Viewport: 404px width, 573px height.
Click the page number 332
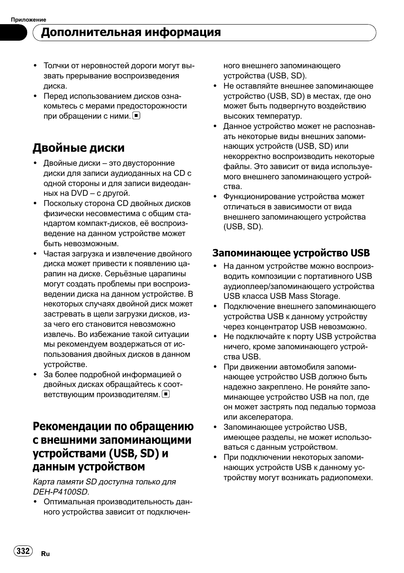pyautogui.click(x=23, y=551)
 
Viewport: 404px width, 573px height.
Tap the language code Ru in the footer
pyautogui.click(x=45, y=554)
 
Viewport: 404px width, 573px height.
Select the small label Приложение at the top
pyautogui.click(x=28, y=19)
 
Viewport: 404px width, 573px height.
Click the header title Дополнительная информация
pyautogui.click(x=131, y=32)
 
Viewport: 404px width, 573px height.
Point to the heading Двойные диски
pyautogui.click(x=79, y=148)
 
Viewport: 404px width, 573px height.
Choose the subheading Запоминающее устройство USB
pyautogui.click(x=291, y=253)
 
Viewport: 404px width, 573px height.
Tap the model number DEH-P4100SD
pyautogui.click(x=61, y=492)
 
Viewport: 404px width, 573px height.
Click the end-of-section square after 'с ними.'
pyautogui.click(x=136, y=116)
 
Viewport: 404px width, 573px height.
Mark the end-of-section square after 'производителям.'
pyautogui.click(x=166, y=394)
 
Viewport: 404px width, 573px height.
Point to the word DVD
pyautogui.click(x=80, y=193)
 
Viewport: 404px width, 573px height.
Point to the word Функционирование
pyautogui.click(x=259, y=197)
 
